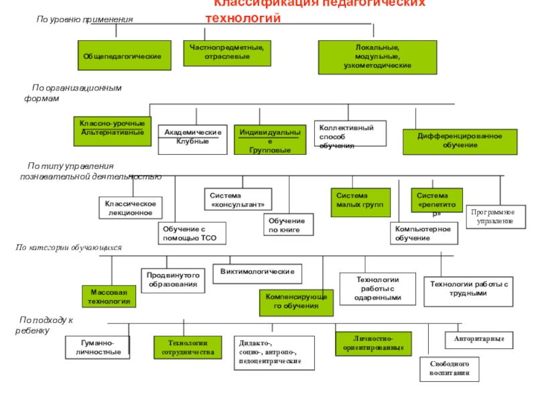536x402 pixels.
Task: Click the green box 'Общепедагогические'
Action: [122, 56]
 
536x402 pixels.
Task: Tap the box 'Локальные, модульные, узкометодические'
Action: [377, 57]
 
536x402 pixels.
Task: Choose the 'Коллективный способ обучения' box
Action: [350, 134]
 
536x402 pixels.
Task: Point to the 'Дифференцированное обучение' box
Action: [460, 141]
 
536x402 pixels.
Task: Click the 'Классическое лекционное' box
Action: [131, 208]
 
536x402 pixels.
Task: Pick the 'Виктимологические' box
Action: [257, 272]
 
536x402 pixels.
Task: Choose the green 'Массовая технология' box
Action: [109, 296]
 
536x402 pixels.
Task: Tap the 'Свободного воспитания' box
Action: [450, 368]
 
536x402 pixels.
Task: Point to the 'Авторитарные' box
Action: [478, 340]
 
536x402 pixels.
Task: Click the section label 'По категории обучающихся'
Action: [69, 248]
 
